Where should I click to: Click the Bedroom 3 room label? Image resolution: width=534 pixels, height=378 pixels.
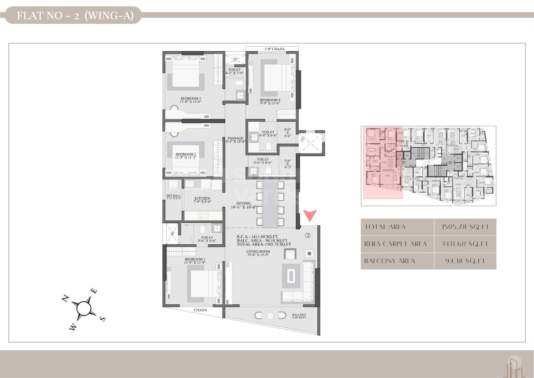(x=191, y=98)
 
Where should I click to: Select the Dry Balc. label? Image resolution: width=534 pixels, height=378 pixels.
(x=173, y=196)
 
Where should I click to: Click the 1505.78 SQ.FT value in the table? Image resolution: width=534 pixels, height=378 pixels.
(x=464, y=227)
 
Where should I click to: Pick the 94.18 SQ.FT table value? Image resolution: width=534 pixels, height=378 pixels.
(x=464, y=261)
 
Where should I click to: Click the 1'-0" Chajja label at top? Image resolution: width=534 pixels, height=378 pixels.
(x=272, y=49)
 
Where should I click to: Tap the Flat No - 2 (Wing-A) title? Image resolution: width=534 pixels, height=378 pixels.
(x=72, y=17)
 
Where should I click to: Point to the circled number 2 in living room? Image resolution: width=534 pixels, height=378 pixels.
(x=308, y=235)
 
